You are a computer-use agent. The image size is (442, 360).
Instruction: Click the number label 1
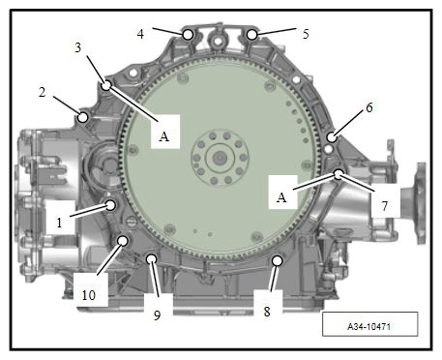point(59,223)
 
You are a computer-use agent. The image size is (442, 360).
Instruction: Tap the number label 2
point(43,92)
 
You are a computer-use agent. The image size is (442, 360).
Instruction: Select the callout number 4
point(140,34)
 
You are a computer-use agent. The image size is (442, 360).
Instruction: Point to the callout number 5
point(306,34)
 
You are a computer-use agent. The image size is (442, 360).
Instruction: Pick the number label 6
point(369,107)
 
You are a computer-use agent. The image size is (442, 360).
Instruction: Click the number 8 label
point(267,312)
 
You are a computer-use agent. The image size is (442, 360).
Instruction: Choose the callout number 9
point(157,315)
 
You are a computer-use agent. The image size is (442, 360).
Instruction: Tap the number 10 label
point(89,295)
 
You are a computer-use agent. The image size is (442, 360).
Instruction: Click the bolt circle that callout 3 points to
point(106,85)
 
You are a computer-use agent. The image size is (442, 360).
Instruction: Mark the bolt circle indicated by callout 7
point(339,174)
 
